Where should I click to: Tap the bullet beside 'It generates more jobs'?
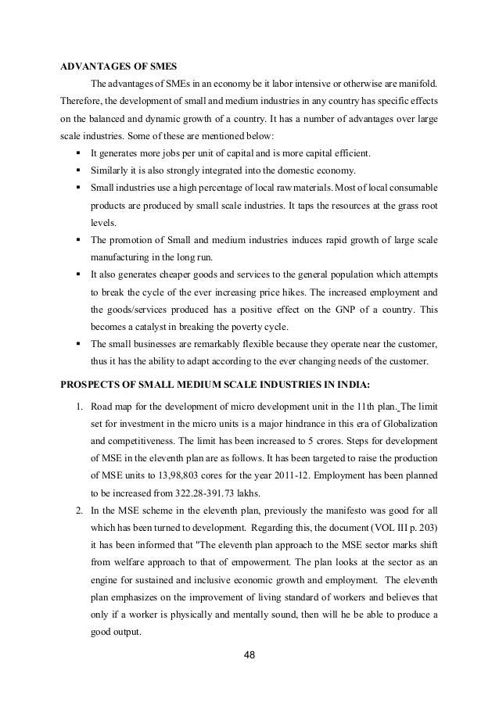(x=78, y=151)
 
